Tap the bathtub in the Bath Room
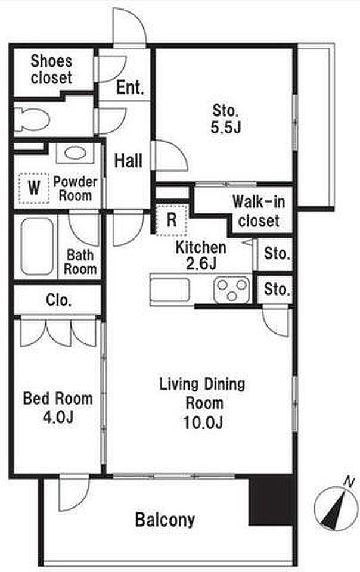[37, 247]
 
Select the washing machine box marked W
[34, 188]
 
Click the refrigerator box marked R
[172, 220]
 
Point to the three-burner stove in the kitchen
[232, 290]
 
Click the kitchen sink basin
[170, 290]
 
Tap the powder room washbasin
[76, 153]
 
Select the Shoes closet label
[51, 69]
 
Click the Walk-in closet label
[259, 211]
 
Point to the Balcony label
[165, 520]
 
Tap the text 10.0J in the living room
[203, 423]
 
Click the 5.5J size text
[226, 128]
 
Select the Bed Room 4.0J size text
[58, 417]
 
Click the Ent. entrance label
[130, 88]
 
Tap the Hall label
[128, 161]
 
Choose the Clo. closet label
[58, 300]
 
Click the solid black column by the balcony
[271, 500]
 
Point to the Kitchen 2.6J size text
[201, 263]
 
